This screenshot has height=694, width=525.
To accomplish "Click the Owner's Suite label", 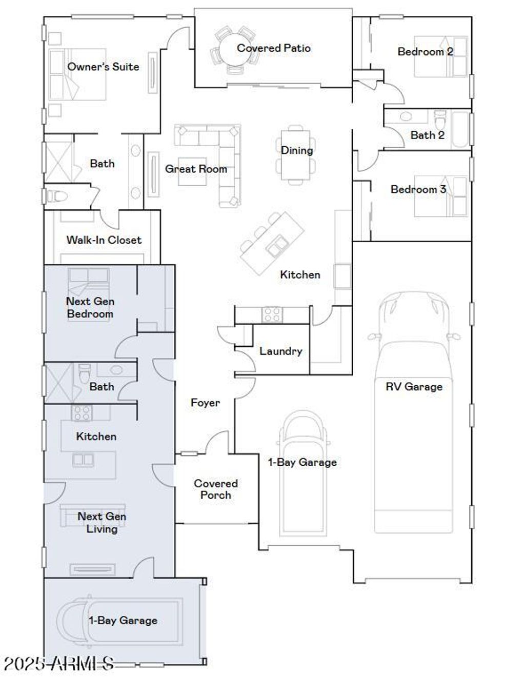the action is pos(103,67).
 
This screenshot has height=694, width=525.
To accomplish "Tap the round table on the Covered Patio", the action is pos(235,49).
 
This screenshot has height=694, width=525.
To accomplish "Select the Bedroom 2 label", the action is pos(425,51).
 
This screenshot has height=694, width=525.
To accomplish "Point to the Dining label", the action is pos(297,150).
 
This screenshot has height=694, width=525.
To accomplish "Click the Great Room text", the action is pos(196,169).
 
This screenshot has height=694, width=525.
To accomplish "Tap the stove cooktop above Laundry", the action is pos(272,314).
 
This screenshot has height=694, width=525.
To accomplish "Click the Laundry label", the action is pos(281,351).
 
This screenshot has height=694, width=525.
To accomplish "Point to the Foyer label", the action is pos(205,403).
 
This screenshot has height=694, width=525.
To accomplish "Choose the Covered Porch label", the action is pos(216,489).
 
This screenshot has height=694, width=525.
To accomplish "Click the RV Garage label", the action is pos(414,386).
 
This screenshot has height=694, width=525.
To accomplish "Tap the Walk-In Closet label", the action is pos(104,240).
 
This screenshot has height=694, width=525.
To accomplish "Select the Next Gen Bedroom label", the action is pos(90,307).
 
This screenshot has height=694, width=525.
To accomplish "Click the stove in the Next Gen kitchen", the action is pos(82,413).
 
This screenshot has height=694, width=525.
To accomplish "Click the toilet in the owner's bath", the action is pos(57,196).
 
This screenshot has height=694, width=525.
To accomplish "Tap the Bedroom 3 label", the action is pos(418,189).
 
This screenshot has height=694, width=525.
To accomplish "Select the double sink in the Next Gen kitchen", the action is pos(83,460).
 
